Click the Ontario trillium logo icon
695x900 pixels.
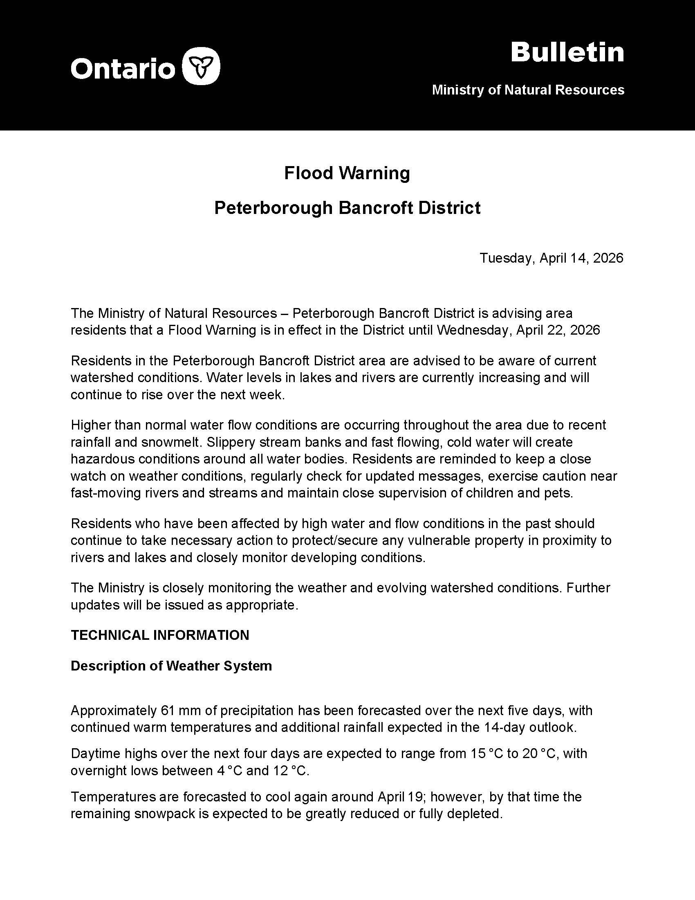(x=200, y=66)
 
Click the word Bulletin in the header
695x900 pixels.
(x=567, y=53)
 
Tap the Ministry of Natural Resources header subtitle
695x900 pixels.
(x=528, y=90)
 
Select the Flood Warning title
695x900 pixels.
(x=347, y=173)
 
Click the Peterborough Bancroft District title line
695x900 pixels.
(x=347, y=208)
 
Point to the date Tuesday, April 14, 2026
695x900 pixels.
(x=552, y=258)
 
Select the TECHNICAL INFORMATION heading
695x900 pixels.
(x=160, y=635)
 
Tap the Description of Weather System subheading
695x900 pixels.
(x=171, y=666)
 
